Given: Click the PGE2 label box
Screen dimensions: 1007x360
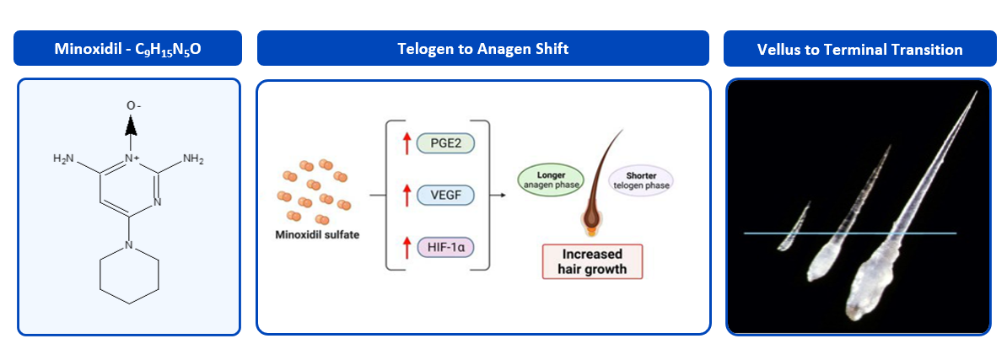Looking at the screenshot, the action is (x=445, y=142).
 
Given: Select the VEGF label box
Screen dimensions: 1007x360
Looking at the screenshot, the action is (x=445, y=194).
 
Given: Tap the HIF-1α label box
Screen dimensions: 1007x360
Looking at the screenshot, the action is (x=445, y=246).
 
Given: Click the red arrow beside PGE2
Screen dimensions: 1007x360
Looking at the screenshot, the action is (x=405, y=142).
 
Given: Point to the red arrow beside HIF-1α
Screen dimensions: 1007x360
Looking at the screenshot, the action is (x=405, y=246).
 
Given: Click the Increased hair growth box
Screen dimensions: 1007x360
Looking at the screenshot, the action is (x=592, y=261).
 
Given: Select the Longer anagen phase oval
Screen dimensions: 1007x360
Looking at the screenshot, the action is (x=551, y=179).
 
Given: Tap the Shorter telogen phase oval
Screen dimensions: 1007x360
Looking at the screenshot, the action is (x=640, y=180).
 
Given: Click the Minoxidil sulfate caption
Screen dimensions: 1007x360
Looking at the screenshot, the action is (x=317, y=234).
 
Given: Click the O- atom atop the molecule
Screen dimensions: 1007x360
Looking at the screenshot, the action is (x=131, y=105).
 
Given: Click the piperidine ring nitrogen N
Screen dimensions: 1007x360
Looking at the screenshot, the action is (x=129, y=245).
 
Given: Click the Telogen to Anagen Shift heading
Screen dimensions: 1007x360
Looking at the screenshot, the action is (x=483, y=49).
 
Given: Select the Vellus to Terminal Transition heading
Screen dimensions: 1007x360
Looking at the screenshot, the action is (x=860, y=50).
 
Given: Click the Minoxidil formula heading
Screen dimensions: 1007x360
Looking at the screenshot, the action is (x=128, y=49).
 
